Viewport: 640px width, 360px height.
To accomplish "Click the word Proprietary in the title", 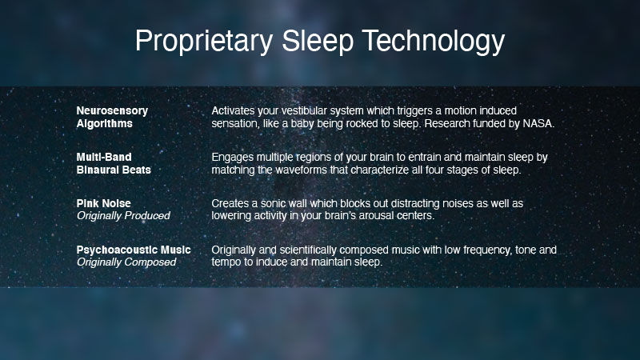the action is coord(204,41).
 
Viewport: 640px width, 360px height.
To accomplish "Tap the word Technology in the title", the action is coord(434,41).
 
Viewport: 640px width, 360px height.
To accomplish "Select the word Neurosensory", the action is coord(112,111).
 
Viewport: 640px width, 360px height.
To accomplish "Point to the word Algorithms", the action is coord(105,124).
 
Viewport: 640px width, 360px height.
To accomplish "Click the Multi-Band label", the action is coord(104,157).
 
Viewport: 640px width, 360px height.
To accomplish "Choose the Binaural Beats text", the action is coord(114,170).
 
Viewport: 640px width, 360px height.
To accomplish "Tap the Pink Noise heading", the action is coord(104,203).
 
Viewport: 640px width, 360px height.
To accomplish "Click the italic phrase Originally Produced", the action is coord(123,215).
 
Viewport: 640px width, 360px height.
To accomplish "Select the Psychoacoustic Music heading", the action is coord(134,250).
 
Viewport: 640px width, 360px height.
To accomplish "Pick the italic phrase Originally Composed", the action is coord(126,262).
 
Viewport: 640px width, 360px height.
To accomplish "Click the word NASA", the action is coord(538,123).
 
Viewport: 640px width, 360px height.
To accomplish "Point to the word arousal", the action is coord(371,215).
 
